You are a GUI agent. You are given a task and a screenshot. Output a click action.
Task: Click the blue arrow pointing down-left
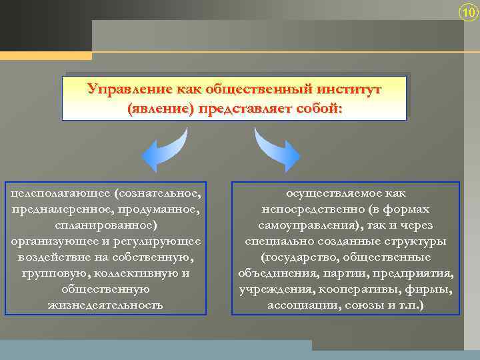(164, 151)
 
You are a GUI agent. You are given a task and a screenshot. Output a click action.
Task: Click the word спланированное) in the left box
(106, 225)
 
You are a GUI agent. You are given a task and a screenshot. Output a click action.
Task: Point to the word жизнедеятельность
(105, 305)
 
